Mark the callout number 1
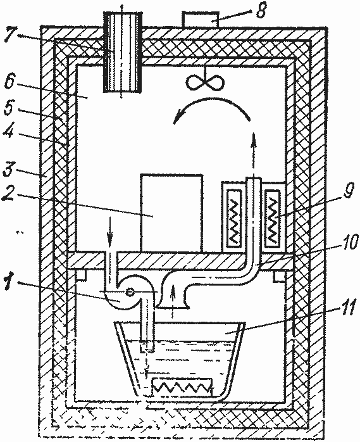pos(8,282)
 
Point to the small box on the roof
pos(201,20)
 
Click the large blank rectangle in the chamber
pos(171,213)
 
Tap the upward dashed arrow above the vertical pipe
pos(254,155)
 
